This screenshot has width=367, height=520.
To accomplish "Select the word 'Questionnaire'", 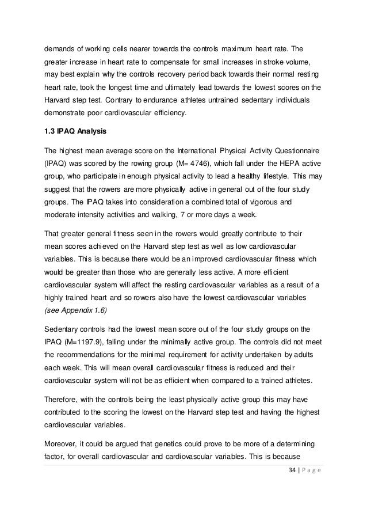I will pyautogui.click(x=297, y=151).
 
